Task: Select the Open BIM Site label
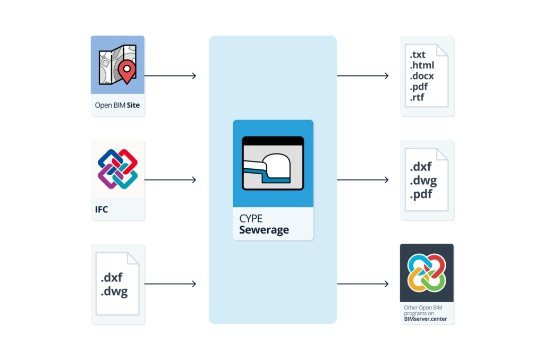pyautogui.click(x=117, y=105)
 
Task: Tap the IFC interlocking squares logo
pyautogui.click(x=117, y=169)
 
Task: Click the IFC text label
pyautogui.click(x=101, y=209)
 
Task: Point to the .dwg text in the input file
pyautogui.click(x=114, y=292)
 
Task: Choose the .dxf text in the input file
pyautogui.click(x=113, y=278)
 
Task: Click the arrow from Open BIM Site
pyautogui.click(x=170, y=76)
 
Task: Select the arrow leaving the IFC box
pyautogui.click(x=170, y=180)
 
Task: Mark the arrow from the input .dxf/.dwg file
pyautogui.click(x=170, y=284)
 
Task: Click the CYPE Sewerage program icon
pyautogui.click(x=273, y=163)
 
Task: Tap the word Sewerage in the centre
pyautogui.click(x=264, y=230)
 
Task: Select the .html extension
pyautogui.click(x=422, y=65)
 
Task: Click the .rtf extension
pyautogui.click(x=417, y=98)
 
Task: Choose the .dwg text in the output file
pyautogui.click(x=423, y=181)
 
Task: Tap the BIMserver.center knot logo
pyautogui.click(x=427, y=273)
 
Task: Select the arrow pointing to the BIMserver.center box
pyautogui.click(x=362, y=284)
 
